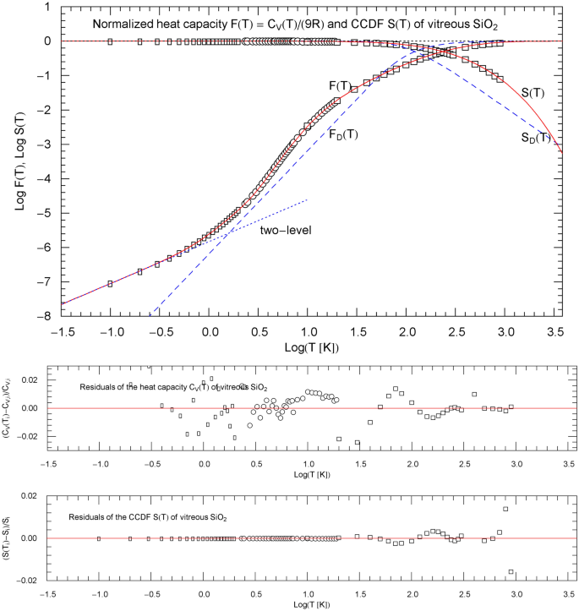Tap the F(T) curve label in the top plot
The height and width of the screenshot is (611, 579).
(340, 85)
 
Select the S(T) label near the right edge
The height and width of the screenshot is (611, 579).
(533, 92)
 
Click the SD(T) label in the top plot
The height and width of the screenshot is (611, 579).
(535, 138)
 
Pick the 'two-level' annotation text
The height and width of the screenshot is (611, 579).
(287, 228)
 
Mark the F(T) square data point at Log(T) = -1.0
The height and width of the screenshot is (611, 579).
(110, 284)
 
